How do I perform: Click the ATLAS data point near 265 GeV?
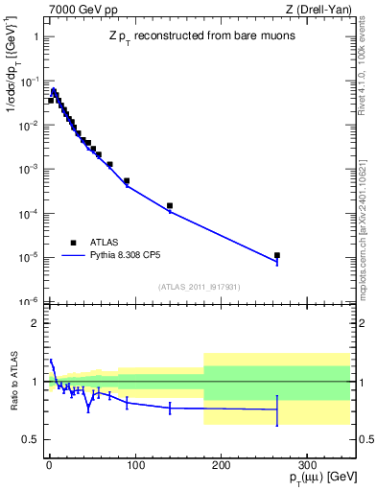[x=277, y=256]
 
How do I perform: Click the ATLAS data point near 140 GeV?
[x=170, y=205]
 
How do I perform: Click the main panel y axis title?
[x=15, y=77]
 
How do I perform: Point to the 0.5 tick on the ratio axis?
[x=32, y=439]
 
